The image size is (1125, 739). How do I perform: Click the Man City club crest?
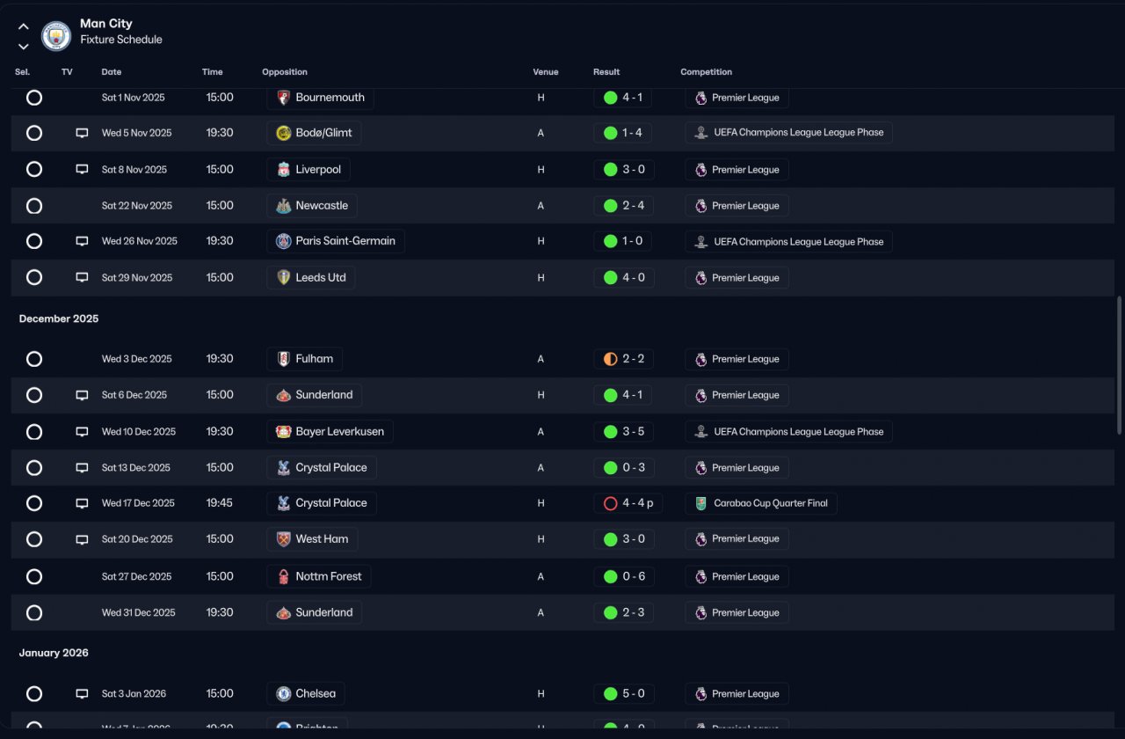coord(56,35)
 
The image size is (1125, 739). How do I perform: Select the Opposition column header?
coord(285,72)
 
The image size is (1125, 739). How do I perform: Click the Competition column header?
coord(706,72)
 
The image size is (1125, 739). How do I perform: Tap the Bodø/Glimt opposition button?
coord(314,133)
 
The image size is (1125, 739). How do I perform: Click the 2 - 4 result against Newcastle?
coord(623,206)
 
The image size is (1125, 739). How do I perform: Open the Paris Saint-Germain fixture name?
coord(335,241)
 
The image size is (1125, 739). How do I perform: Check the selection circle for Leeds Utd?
coord(34,277)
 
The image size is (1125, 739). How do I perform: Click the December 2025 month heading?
coord(59,318)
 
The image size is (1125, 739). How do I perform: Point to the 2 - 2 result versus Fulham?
coord(623,359)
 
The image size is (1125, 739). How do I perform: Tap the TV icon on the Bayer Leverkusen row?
coord(82,432)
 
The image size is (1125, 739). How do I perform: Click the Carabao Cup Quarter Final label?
coord(761,503)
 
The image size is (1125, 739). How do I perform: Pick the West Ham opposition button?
coord(312,539)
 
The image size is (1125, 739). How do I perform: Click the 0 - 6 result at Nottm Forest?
coord(623,577)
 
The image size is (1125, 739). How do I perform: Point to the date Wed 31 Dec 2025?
coord(138,612)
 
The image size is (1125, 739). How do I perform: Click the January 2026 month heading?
coord(54,653)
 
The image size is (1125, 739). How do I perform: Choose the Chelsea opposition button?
coord(306,693)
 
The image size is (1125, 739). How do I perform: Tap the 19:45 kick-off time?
coord(220,503)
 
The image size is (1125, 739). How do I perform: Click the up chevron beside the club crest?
coord(24,26)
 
